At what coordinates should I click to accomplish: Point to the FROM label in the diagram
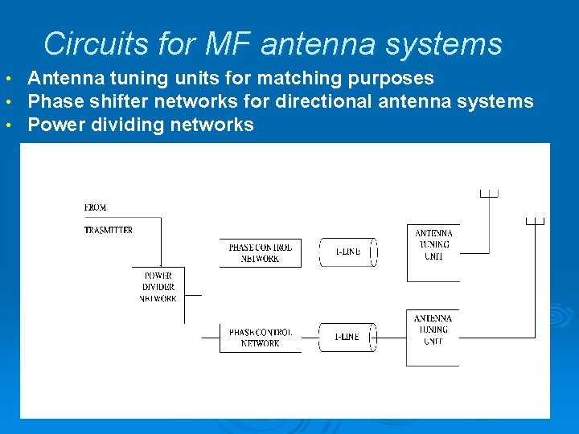[95, 207]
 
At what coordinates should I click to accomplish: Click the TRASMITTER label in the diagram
[109, 230]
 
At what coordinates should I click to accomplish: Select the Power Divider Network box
[158, 288]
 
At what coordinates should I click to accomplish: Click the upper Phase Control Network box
[260, 253]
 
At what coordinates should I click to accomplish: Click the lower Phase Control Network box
[260, 338]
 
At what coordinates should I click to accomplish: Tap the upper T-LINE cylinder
[347, 252]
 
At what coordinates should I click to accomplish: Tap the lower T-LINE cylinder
[347, 338]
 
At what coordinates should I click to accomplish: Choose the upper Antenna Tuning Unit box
[433, 245]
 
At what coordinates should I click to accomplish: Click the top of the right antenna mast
[535, 221]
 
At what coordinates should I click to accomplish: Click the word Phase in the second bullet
[50, 101]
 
